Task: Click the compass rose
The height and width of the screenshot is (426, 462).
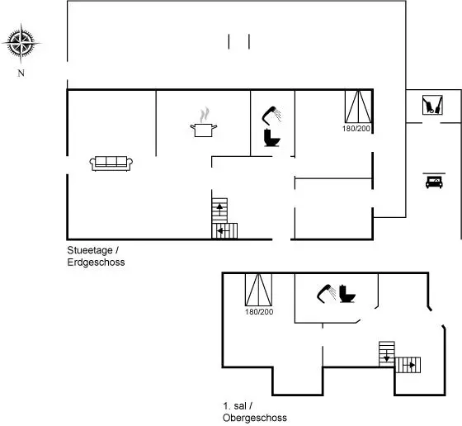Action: tap(21, 43)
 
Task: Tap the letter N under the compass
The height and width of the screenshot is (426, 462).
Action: tap(21, 73)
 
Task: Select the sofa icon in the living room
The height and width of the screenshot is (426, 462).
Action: tap(111, 163)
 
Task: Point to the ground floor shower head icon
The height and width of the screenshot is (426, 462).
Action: tap(271, 116)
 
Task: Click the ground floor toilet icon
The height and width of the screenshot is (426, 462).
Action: tap(272, 137)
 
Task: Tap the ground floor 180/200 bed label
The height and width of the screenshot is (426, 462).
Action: tap(356, 129)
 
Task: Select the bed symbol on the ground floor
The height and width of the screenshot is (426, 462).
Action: tap(358, 106)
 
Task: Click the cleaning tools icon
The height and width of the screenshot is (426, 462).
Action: tap(432, 105)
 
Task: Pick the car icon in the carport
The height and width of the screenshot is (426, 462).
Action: tap(434, 181)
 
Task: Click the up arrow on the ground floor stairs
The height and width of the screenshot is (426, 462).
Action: tap(219, 209)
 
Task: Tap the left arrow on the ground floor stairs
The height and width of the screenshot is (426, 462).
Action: tap(223, 231)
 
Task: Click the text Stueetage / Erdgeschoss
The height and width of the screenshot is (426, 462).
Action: tap(96, 256)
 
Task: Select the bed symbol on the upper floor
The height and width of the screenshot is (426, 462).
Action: tap(259, 290)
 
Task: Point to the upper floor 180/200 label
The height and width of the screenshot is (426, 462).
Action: tap(259, 311)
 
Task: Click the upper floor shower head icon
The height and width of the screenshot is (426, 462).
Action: tap(326, 293)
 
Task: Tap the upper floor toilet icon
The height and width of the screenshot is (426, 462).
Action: tap(347, 294)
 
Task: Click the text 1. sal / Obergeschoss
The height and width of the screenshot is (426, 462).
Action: tap(255, 412)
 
